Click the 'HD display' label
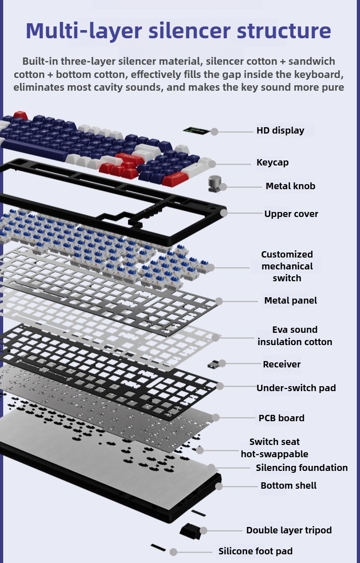tap(280, 130)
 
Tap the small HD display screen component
tap(196, 131)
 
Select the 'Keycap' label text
tap(273, 162)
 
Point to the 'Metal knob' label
tap(290, 186)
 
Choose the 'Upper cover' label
tap(291, 214)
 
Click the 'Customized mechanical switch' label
tap(287, 266)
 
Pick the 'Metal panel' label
tap(290, 300)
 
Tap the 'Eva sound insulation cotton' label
tap(295, 336)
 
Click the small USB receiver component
tap(213, 364)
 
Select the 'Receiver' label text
tap(282, 364)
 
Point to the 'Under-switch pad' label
tap(296, 388)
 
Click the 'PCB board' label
tap(281, 418)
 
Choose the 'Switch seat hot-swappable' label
tap(274, 448)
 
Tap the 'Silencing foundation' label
tap(302, 468)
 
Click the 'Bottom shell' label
tap(288, 486)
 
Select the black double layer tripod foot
tap(190, 531)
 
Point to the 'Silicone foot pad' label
tap(256, 551)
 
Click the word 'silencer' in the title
tap(190, 31)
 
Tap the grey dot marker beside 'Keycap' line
tap(212, 164)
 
